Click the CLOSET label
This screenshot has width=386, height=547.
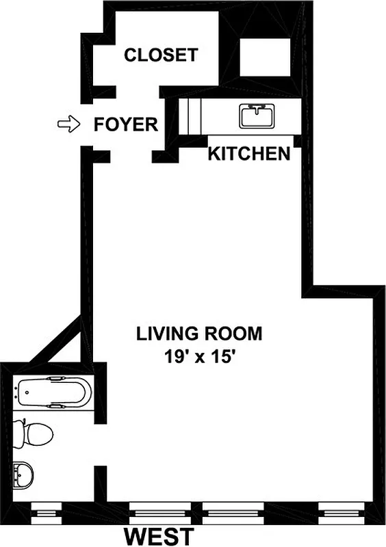coord(161,55)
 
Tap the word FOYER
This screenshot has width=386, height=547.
coord(126,125)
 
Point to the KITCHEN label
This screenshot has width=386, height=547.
coord(248,154)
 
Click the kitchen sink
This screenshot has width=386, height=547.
coord(257,116)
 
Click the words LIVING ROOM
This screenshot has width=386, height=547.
coord(199,334)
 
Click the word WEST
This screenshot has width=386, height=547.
coord(159,535)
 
